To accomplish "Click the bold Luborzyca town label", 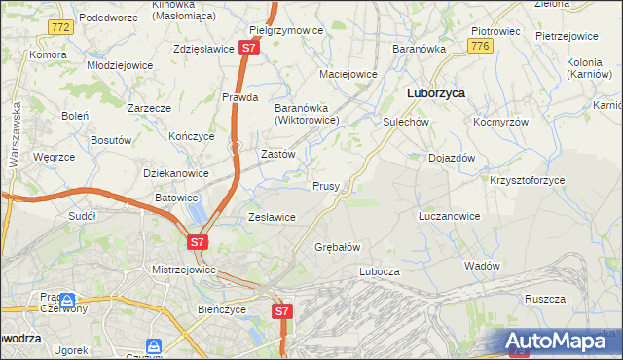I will pyautogui.click(x=434, y=92).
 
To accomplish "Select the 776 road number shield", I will pyautogui.click(x=478, y=46).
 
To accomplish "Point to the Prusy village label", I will pyautogui.click(x=326, y=186).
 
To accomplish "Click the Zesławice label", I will pyautogui.click(x=272, y=217).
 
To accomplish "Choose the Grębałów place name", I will pyautogui.click(x=338, y=247).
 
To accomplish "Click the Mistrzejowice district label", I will pyautogui.click(x=183, y=270).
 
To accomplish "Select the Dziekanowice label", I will pyautogui.click(x=176, y=173).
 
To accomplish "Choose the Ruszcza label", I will pyautogui.click(x=544, y=300).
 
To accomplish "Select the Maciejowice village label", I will pyautogui.click(x=348, y=74).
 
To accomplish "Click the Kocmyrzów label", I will pyautogui.click(x=500, y=124).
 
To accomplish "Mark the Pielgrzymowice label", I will pyautogui.click(x=286, y=30).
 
